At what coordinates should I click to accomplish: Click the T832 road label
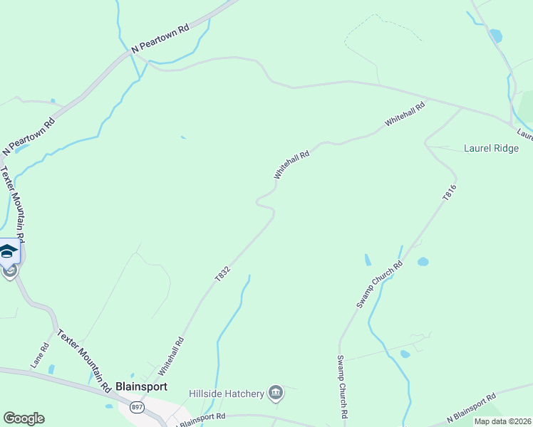tap(222, 272)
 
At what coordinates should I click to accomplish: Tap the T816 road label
tap(449, 192)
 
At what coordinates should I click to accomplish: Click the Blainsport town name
tap(145, 386)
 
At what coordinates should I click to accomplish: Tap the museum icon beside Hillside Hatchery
tap(275, 392)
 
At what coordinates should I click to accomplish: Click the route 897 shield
tap(135, 406)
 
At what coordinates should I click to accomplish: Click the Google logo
tap(24, 418)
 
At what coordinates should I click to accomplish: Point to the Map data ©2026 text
tap(502, 421)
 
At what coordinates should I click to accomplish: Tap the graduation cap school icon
tap(9, 251)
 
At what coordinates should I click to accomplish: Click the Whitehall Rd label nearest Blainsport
tap(172, 357)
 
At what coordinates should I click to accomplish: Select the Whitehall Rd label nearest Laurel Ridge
tap(405, 113)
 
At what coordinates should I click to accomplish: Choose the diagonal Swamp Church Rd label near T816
tap(380, 284)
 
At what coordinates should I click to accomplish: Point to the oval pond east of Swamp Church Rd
tap(423, 262)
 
